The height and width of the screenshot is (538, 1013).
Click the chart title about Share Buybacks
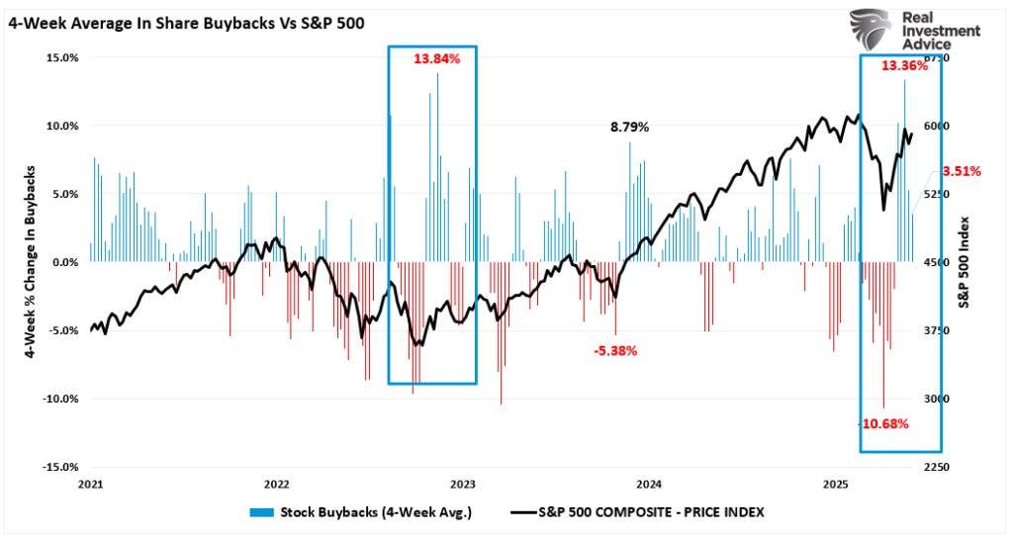pos(187,22)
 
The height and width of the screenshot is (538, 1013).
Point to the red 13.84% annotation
pos(436,59)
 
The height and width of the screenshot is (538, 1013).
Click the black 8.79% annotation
pos(630,127)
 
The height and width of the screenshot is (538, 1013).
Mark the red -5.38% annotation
pos(615,350)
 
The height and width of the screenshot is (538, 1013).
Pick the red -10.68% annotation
pos(883,423)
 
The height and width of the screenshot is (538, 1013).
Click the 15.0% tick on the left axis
pos(61,57)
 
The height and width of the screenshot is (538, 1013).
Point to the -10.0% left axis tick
pos(59,399)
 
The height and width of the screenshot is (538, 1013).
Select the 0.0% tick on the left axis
pos(63,262)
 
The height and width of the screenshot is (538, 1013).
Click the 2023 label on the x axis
pos(463,485)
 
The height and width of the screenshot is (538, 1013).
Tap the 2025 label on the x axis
pos(836,485)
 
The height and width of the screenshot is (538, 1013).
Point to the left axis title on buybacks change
pos(31,261)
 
